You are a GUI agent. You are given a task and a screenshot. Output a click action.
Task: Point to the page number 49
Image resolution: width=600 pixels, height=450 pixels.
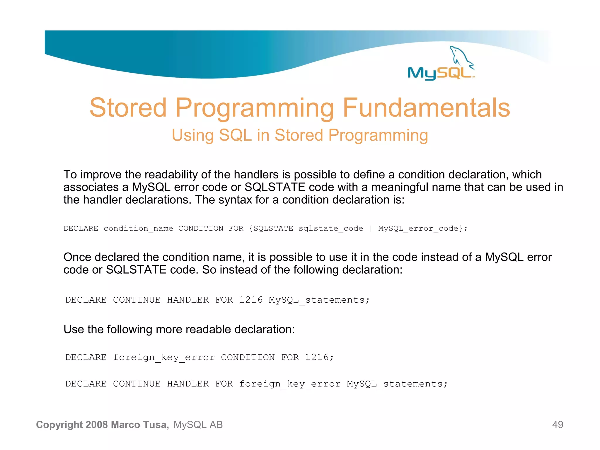[558, 425]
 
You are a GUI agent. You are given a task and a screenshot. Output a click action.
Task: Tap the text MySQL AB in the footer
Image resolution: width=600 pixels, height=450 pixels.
[198, 425]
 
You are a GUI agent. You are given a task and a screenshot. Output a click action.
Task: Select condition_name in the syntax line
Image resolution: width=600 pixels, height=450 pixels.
[138, 229]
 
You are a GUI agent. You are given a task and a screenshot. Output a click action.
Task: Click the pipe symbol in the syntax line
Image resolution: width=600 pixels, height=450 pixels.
[371, 229]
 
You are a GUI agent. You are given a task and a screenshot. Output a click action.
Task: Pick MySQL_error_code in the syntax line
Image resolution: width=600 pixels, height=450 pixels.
[418, 229]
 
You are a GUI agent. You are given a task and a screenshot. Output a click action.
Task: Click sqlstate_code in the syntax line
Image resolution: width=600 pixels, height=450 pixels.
[331, 229]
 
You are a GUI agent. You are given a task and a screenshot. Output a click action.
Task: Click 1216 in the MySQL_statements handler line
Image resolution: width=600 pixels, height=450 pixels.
[251, 300]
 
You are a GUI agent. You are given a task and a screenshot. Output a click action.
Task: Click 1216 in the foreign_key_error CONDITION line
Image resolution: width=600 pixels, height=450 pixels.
[317, 357]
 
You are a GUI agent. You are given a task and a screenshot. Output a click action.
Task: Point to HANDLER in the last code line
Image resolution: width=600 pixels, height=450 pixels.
[188, 384]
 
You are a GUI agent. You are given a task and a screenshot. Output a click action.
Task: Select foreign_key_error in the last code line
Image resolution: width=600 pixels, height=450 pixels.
[290, 384]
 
